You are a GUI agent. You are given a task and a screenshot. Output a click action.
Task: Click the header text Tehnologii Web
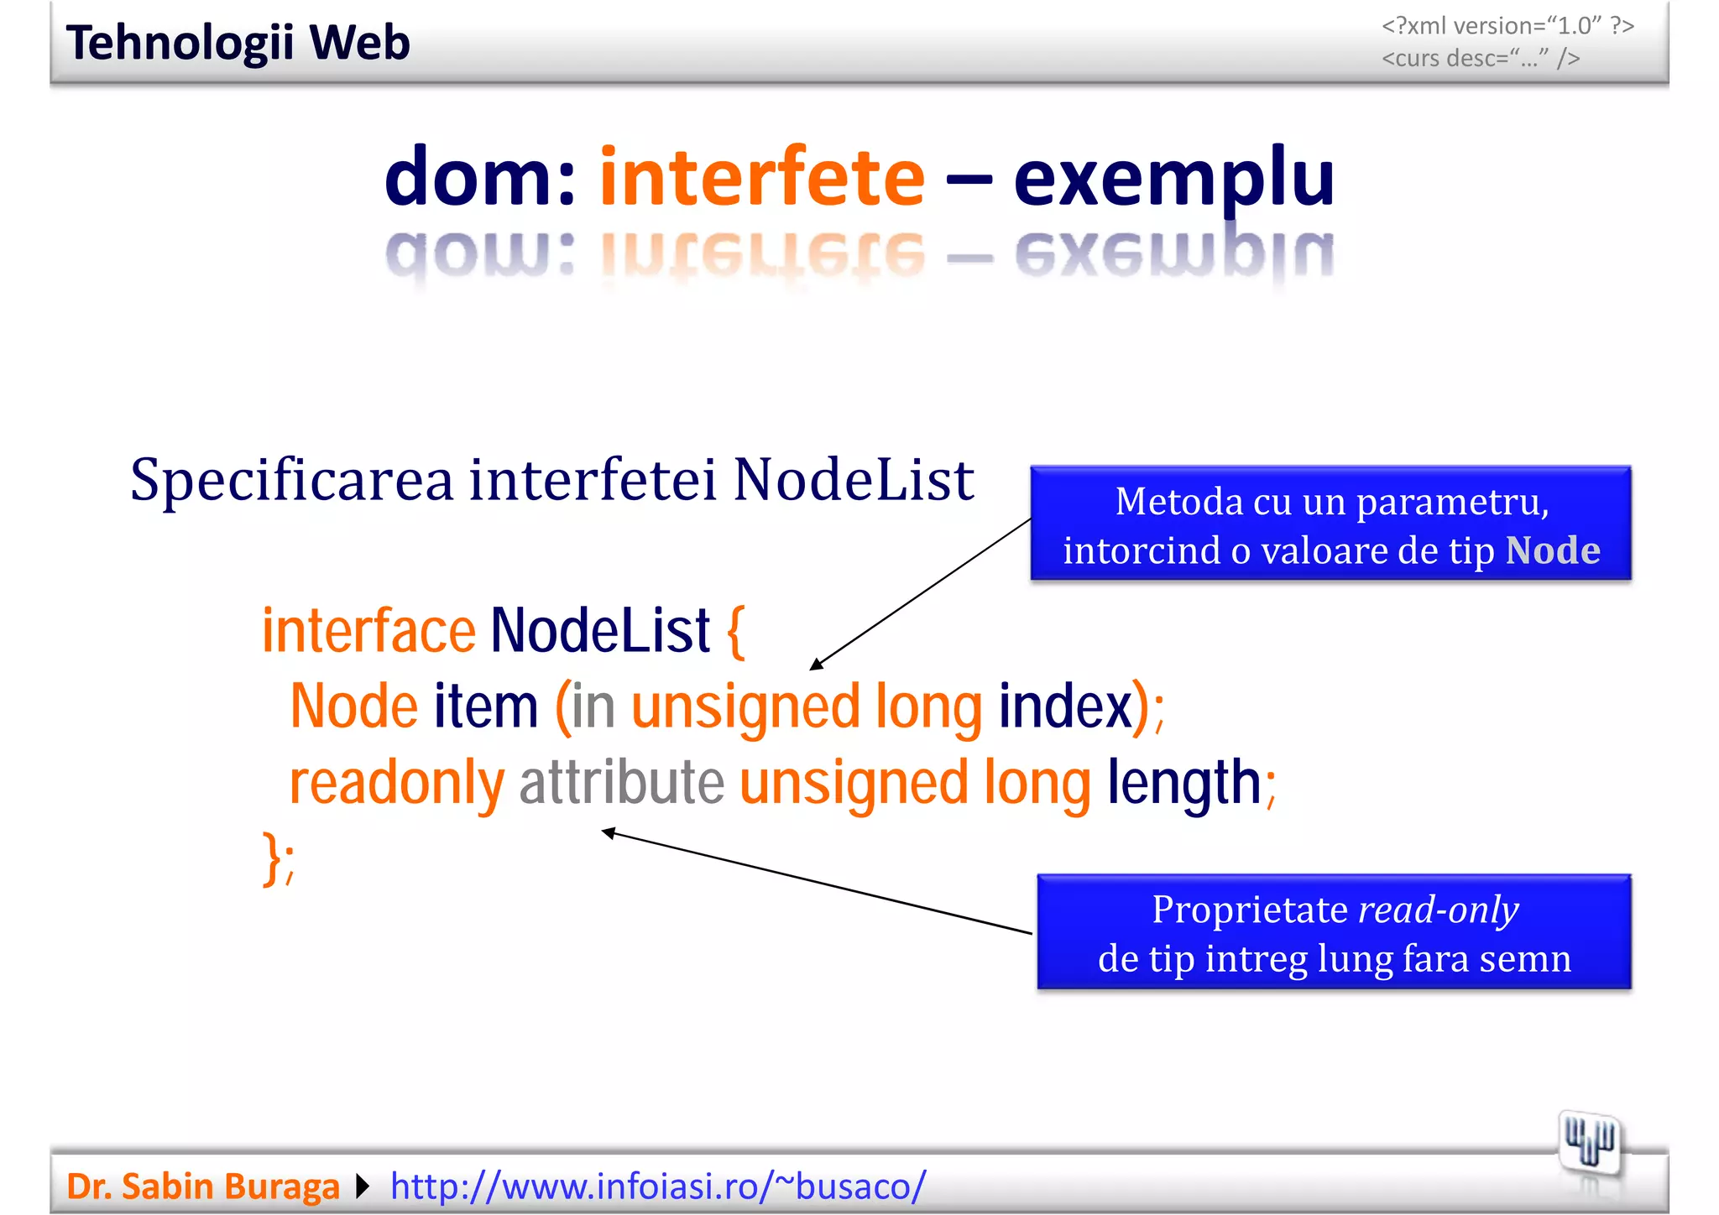238,43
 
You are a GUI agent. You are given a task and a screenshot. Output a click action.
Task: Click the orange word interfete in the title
761,177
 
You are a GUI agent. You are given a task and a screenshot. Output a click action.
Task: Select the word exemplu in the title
1173,179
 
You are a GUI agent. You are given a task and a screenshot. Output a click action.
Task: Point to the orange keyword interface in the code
368,630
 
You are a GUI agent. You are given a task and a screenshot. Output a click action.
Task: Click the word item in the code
485,707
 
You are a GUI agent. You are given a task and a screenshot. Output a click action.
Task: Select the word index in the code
1064,707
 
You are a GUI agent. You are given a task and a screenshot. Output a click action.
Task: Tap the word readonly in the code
396,783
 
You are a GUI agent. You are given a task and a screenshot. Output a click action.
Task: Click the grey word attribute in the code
621,783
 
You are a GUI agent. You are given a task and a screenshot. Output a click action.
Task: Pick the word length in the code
1183,783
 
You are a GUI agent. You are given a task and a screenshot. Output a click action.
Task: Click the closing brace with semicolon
278,858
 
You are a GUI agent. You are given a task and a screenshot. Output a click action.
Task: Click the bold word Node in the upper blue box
1552,550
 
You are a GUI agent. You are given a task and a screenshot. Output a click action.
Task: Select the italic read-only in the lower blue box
1438,910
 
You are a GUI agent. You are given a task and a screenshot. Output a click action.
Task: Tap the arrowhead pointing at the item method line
815,665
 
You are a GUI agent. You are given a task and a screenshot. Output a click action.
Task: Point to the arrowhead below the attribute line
608,832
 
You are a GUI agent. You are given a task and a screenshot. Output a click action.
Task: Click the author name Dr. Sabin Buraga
202,1186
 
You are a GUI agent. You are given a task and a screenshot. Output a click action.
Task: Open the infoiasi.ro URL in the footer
657,1186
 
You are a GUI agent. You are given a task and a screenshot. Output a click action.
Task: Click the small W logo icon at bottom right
1589,1144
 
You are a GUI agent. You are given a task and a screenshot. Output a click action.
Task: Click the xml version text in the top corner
1507,26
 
